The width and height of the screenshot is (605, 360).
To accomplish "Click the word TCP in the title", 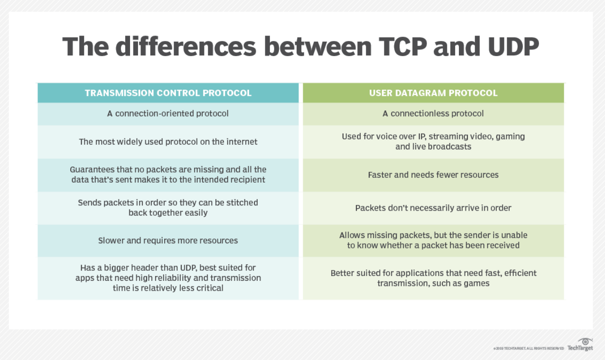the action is pos(403,46).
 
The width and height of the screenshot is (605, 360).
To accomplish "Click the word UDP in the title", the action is pos(513,46).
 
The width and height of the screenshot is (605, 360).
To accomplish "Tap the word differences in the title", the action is pos(186,46).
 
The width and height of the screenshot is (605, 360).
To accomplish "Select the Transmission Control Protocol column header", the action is pos(168,93).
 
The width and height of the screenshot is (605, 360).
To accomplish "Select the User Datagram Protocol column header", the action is pos(433,93).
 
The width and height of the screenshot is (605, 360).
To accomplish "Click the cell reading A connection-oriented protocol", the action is pos(168,114).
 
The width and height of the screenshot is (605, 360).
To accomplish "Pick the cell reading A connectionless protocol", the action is pos(433,114).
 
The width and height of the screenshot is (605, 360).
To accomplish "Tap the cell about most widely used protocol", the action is pos(168,142).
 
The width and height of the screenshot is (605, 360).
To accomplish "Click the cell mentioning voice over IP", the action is pos(433,142).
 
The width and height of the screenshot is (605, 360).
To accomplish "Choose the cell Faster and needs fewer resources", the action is pos(433,175).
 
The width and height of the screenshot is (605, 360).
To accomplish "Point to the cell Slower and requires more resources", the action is pos(168,240).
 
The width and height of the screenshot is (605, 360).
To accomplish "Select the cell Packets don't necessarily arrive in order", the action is pos(433,208).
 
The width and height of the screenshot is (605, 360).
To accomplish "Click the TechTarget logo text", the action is pos(580,348).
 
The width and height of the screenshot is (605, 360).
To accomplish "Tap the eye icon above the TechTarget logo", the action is pos(585,342).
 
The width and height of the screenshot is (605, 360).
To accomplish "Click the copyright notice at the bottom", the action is pos(529,349).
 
